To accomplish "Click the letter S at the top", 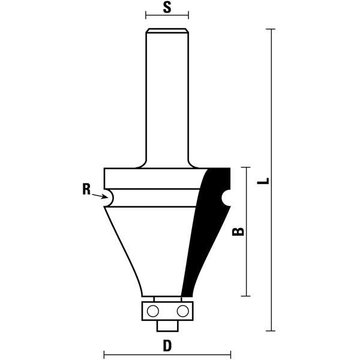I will (x=167, y=8).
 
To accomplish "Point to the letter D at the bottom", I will (x=167, y=346).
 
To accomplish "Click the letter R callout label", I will (x=86, y=190).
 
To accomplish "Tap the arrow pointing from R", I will (x=100, y=194).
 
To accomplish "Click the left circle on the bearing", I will (x=152, y=310).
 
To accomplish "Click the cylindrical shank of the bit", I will (x=167, y=96).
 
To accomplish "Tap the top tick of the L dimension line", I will (x=273, y=29).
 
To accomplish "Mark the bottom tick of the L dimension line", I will (x=273, y=331).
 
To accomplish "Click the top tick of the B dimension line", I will (x=246, y=169).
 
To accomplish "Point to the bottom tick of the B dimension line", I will (x=246, y=296).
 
